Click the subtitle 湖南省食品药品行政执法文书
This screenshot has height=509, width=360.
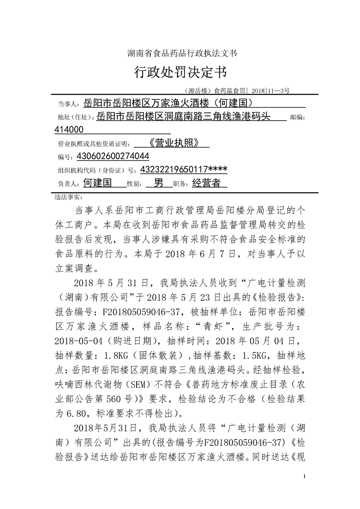tap(180, 53)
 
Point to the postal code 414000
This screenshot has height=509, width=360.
tap(69, 130)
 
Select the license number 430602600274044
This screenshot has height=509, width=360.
tap(113, 157)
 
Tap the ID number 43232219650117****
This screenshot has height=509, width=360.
tap(184, 170)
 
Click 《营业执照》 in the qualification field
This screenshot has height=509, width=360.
tap(174, 143)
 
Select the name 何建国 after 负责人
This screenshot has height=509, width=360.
tap(98, 183)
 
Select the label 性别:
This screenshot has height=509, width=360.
tap(135, 184)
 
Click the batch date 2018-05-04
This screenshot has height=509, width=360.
tap(84, 341)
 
